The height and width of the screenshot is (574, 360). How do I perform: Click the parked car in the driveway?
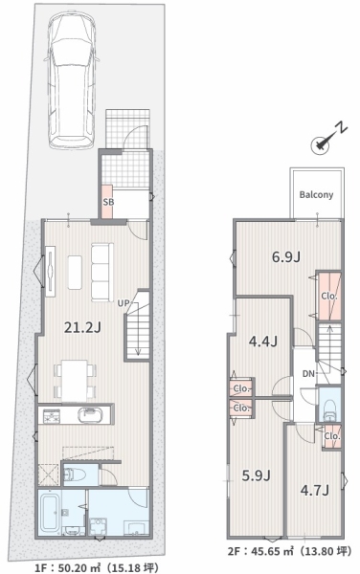point(71,79)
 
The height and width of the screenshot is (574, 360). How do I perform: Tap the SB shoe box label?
point(108,202)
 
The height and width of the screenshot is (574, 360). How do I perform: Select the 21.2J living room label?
point(82,327)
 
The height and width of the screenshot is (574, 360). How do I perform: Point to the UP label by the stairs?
point(124,303)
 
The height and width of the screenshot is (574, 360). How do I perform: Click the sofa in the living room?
point(101,273)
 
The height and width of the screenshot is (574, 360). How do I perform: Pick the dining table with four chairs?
point(75,381)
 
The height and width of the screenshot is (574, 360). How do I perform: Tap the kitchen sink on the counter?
point(90,415)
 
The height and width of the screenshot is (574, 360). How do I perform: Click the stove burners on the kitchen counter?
point(52,416)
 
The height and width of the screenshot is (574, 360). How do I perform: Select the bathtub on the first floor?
point(50,513)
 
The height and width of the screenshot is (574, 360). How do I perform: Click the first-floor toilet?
point(75,475)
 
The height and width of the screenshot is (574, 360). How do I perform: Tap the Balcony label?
point(316,194)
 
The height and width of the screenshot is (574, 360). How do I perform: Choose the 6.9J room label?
point(286,257)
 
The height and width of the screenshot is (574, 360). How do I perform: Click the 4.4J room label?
point(263,342)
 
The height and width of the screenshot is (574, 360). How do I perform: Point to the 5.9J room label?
point(256,475)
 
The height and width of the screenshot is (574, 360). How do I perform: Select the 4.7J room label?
point(315,490)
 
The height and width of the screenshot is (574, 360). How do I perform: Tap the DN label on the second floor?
point(308,374)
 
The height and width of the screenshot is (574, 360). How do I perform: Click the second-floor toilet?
point(330,409)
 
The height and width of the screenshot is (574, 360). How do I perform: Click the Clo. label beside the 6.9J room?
point(328,297)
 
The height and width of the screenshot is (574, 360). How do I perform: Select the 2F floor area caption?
point(289,551)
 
